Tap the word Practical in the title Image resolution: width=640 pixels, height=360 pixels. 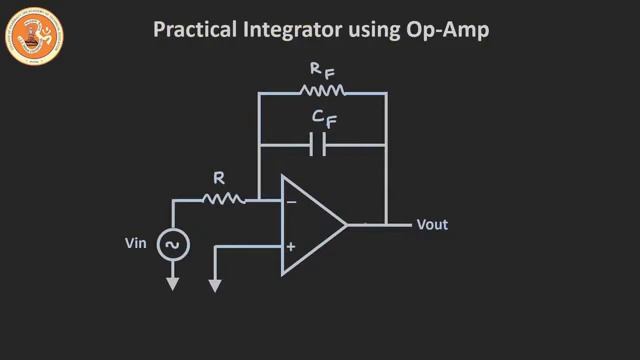click(187, 31)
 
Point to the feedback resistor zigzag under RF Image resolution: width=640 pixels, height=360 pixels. click(323, 91)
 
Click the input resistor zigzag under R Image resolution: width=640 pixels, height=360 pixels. click(223, 200)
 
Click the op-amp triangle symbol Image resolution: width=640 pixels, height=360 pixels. click(308, 224)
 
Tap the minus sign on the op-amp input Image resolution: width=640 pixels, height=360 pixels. click(292, 201)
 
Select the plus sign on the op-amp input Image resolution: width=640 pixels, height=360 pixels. click(292, 247)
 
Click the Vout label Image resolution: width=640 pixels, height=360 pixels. click(432, 225)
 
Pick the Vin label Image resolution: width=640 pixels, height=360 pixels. click(137, 243)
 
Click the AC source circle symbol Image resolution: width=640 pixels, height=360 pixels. click(172, 244)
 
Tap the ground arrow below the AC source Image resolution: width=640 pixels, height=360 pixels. click(172, 284)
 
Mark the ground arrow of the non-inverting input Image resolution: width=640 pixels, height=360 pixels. click(214, 286)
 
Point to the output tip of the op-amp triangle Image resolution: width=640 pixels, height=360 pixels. click(346, 224)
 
